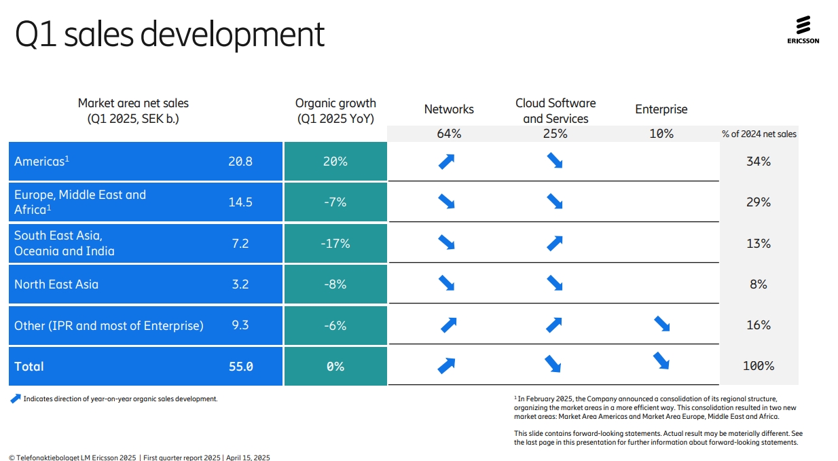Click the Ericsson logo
pos(803,31)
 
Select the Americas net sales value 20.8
pos(240,162)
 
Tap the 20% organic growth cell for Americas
pos(335,162)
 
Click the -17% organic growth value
pos(335,243)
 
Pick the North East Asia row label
pos(56,284)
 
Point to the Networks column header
pos(449,109)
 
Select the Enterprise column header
pos(661,109)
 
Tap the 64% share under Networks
pos(449,134)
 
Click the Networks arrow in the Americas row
pos(446,162)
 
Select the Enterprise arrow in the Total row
pos(661,361)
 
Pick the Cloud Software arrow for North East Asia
pos(555,283)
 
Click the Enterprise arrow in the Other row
pos(661,325)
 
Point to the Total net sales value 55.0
pos(240,367)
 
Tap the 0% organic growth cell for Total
pos(335,367)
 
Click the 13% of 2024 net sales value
pos(758,243)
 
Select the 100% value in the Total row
pos(758,366)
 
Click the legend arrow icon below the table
pos(16,399)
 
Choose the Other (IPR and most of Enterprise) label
pos(109,326)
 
